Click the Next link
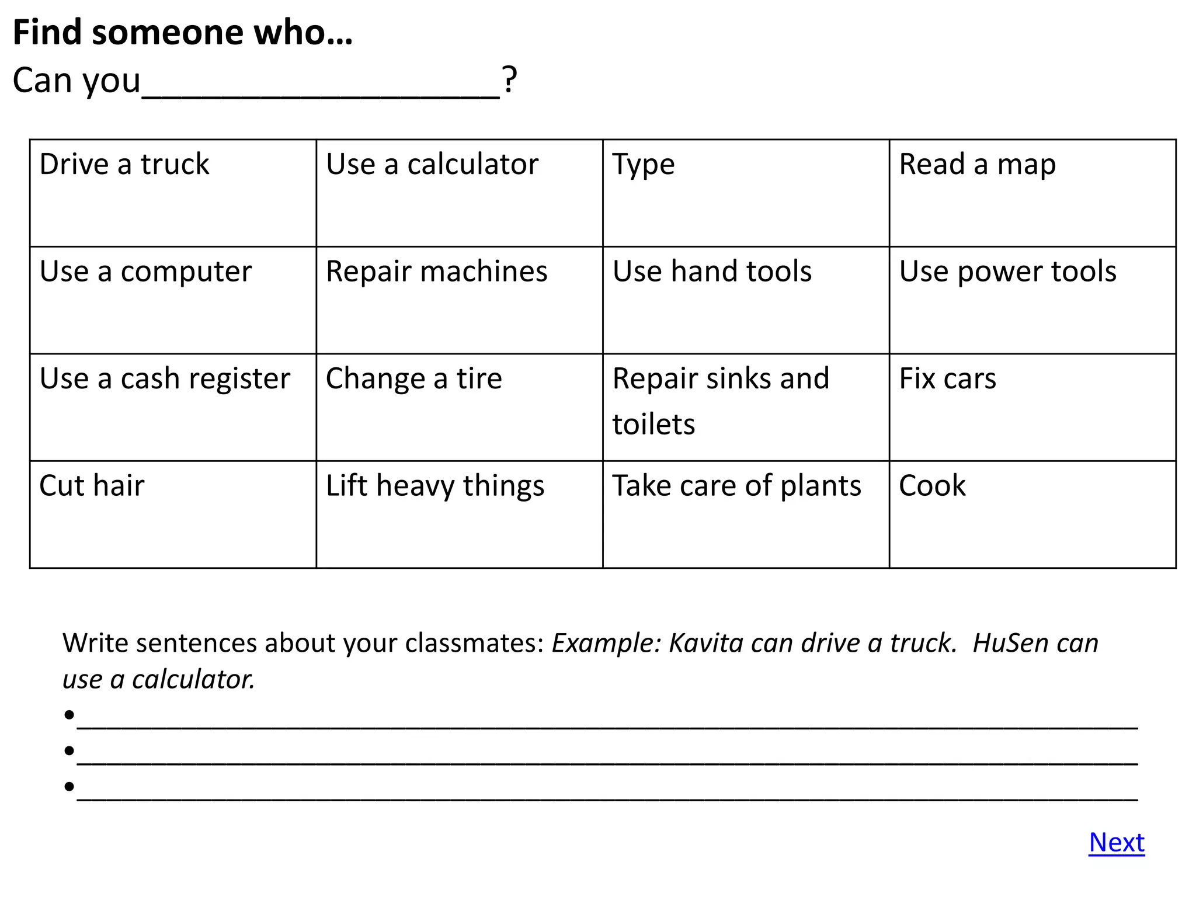pos(1116,842)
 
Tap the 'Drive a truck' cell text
pos(124,164)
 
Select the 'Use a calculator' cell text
pos(432,164)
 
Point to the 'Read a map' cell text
pos(977,164)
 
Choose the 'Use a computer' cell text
pos(145,272)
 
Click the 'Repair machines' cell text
pos(436,272)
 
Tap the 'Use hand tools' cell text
pos(711,272)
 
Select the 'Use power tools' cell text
pos(1007,272)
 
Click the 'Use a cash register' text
pos(165,379)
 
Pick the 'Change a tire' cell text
pos(413,379)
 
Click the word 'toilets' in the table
pos(653,424)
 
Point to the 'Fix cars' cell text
pos(947,379)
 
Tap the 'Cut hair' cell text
pos(92,486)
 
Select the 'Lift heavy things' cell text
pos(434,486)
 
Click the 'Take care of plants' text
pos(736,486)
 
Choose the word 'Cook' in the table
pos(932,486)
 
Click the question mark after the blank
pos(509,79)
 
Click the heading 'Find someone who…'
pos(182,32)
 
